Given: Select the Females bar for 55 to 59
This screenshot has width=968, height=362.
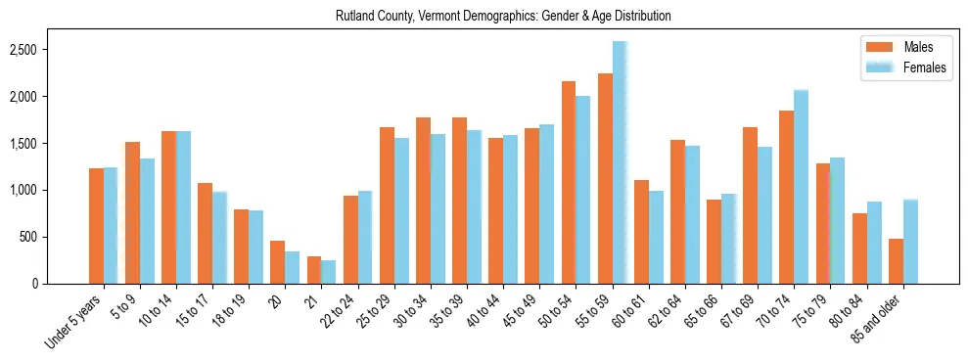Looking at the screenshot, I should click(620, 162).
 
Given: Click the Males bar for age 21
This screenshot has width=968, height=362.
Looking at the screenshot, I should click(314, 270).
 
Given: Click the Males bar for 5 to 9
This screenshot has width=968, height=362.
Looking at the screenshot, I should click(132, 212).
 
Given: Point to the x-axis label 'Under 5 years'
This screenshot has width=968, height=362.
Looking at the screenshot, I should click(76, 323).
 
